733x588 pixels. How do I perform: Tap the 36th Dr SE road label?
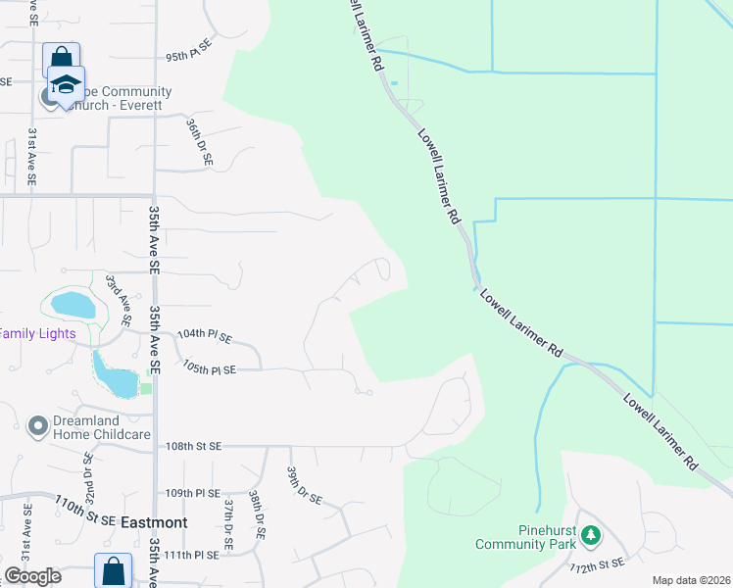[x=200, y=143]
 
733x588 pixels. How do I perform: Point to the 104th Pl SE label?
[x=204, y=335]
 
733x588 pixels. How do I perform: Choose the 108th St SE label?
[x=194, y=446]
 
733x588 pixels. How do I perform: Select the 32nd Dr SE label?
[x=87, y=472]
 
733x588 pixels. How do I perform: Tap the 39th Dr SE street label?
[x=304, y=485]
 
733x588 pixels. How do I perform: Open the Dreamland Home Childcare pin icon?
[x=38, y=426]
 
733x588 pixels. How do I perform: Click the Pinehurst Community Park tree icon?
[x=590, y=534]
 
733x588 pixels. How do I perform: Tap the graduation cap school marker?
[x=66, y=84]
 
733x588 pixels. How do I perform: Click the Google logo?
[x=32, y=576]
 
